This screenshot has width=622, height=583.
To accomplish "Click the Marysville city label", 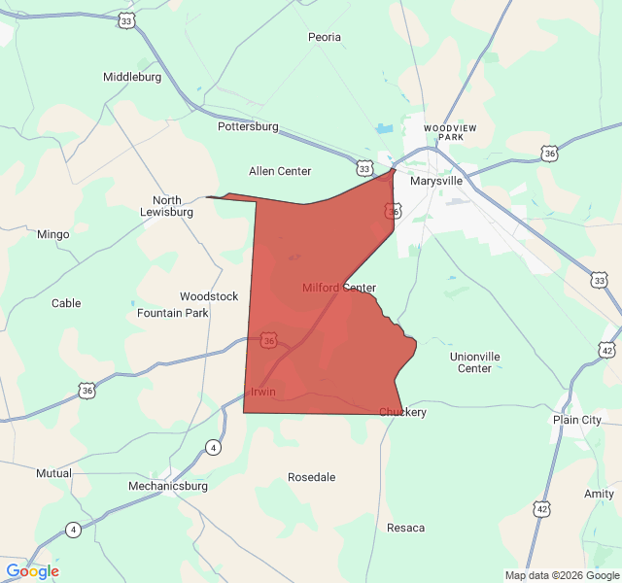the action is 436,181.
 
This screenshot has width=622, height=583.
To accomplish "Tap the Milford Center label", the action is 338,288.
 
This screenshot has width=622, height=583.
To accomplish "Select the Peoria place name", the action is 325,37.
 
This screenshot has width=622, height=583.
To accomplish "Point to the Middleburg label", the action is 132,76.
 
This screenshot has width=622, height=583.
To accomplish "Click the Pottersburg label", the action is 248,126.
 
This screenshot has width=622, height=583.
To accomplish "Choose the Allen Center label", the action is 280,171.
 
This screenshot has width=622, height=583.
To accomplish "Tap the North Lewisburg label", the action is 166,206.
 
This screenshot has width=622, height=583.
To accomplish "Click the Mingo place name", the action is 52,234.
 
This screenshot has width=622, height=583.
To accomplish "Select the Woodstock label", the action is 209,296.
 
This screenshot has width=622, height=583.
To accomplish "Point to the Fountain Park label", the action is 173,313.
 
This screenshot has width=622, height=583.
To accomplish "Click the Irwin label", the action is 263,392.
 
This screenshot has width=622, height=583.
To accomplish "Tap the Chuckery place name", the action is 402,412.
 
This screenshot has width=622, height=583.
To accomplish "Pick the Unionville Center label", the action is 475,362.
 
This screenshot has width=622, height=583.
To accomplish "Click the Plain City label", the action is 577,420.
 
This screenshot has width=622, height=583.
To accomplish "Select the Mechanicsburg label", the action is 168,485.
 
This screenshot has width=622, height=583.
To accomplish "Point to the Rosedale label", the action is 312,477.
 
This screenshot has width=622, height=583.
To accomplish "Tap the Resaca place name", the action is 405,528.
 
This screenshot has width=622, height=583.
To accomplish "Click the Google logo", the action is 32,571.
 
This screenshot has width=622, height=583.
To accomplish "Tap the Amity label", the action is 599,494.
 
